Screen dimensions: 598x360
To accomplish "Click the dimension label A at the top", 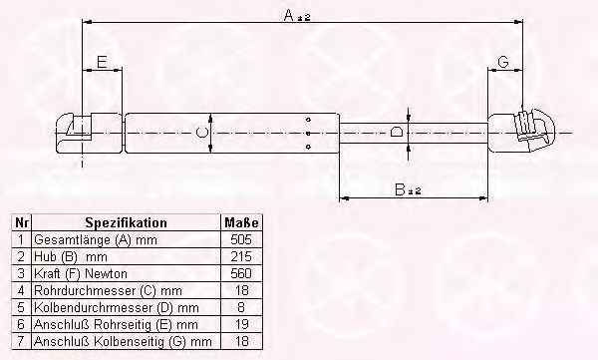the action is coord(297,16).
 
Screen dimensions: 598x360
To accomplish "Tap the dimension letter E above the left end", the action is coord(102,62).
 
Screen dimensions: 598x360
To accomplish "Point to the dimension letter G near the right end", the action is coord(503,62).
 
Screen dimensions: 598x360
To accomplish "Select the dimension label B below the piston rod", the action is coord(408,189).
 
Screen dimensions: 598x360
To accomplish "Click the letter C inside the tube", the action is coord(202,133).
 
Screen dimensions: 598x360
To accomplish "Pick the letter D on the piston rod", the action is coord(397,132).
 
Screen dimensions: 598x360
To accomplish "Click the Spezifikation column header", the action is coord(126,222).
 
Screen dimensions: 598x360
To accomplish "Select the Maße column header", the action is coord(241,222).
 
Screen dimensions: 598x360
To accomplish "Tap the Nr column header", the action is coord(21,222).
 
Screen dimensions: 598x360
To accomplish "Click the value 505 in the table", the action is coord(241,239).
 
